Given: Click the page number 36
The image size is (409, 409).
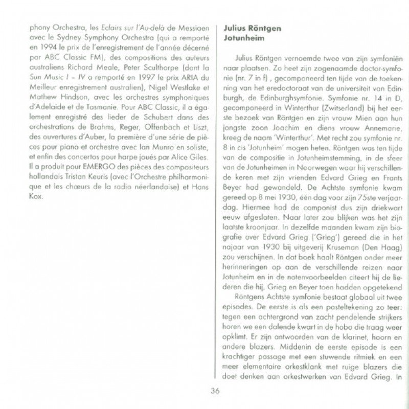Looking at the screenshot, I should click(x=215, y=391).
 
